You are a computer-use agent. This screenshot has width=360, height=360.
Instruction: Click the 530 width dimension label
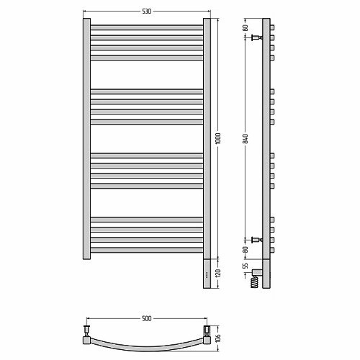pos(147,12)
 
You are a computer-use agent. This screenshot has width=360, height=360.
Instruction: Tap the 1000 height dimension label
pos(218,138)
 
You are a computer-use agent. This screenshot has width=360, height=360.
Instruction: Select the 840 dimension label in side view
pos(245,139)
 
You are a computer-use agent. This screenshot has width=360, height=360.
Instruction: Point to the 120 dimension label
pos(218,273)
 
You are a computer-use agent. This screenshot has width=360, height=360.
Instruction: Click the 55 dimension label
pos(246,266)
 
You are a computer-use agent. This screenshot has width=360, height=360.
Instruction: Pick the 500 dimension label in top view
pos(147,318)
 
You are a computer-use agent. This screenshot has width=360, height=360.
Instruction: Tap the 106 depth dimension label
pos(218,338)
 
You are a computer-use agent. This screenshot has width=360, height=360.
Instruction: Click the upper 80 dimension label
pos(246,27)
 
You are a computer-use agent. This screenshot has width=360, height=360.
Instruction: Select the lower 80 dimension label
pos(246,250)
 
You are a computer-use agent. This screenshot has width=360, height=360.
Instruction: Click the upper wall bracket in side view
pos(257,37)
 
